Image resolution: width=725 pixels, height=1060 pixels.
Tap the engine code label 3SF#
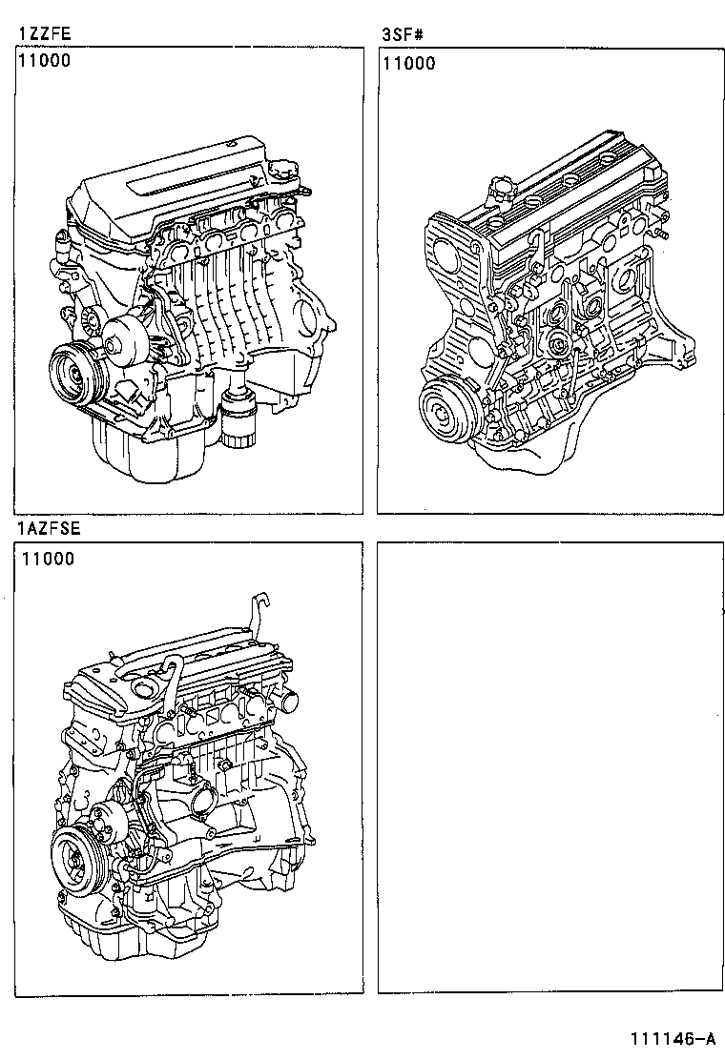402,35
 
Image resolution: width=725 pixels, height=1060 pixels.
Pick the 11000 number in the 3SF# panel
409,64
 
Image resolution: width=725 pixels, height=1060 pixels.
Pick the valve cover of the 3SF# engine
582,186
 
